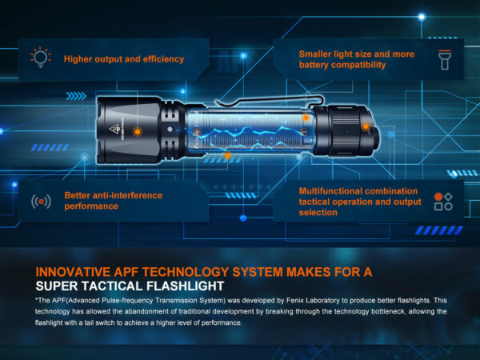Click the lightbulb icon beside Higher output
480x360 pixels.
coord(41,58)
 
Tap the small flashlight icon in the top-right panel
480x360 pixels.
coord(445,60)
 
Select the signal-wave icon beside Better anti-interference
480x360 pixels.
coord(41,202)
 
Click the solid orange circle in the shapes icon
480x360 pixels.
coord(438,197)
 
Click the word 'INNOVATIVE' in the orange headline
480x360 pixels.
coord(73,272)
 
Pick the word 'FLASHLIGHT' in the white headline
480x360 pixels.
coord(186,286)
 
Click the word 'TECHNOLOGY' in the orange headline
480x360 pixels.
coord(190,272)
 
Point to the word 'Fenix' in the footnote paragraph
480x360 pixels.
coord(294,300)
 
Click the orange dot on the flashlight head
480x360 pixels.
coord(138,132)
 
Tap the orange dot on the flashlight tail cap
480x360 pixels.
coord(366,126)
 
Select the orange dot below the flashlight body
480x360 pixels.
coord(227,155)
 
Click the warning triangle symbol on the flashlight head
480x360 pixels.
coord(114,129)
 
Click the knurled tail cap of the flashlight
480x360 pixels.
coord(346,131)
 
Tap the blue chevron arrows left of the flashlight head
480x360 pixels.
coord(76,96)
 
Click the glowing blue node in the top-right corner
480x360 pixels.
coord(422,17)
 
